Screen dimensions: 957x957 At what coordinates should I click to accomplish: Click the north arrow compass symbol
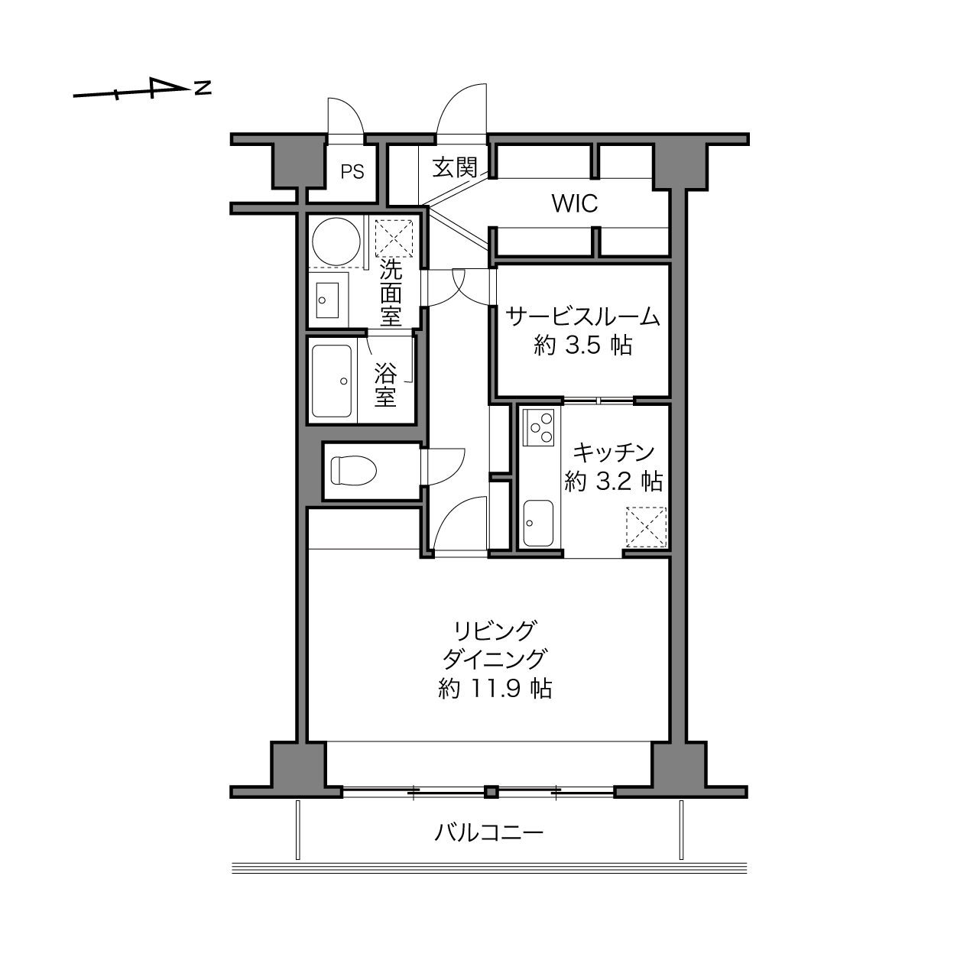point(142,89)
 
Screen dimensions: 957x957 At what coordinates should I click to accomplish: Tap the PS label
point(352,172)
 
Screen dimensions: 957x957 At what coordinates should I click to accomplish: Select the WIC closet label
point(575,203)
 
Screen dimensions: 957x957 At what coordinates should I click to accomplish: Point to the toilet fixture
point(354,470)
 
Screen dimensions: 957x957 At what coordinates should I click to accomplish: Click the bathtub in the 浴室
point(333,381)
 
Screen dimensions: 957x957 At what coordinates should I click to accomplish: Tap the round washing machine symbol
point(336,242)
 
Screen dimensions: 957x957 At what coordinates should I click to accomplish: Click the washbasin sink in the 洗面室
point(327,300)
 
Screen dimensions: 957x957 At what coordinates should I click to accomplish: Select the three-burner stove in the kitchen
point(538,427)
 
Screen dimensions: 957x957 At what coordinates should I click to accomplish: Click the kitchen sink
point(538,523)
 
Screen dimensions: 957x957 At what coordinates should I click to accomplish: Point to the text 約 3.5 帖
point(583,345)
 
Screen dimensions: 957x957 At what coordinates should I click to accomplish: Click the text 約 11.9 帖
point(495,689)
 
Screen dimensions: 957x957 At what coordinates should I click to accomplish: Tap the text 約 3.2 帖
point(613,481)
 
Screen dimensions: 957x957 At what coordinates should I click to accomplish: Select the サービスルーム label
point(583,316)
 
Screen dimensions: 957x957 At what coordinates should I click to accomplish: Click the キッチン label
point(614,452)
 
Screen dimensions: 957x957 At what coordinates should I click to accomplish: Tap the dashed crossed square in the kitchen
point(646,527)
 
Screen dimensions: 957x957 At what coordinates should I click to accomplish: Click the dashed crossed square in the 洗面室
point(394,238)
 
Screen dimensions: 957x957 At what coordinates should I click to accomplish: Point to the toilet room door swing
point(443,467)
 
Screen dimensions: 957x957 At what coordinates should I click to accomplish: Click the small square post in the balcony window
point(491,792)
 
